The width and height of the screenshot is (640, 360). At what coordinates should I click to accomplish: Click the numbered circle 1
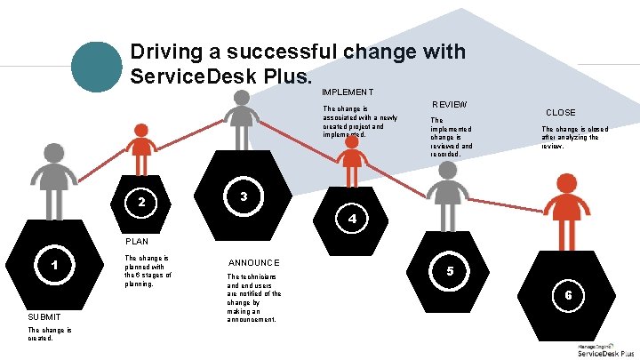(x=55, y=264)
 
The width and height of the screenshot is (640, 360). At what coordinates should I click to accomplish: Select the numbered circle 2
(x=141, y=203)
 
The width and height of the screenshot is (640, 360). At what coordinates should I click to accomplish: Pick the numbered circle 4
(x=353, y=218)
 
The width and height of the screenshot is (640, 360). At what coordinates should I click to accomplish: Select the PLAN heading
(x=137, y=241)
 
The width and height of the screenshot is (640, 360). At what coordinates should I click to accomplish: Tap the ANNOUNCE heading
(x=254, y=262)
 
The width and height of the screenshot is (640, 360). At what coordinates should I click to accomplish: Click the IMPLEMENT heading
(x=348, y=92)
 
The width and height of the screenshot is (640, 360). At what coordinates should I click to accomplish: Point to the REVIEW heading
(x=449, y=104)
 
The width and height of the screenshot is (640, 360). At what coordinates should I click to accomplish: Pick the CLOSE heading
(x=560, y=113)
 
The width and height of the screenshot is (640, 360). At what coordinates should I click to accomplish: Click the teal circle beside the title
(x=95, y=67)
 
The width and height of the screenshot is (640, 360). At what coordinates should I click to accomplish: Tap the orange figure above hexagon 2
(x=140, y=146)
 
